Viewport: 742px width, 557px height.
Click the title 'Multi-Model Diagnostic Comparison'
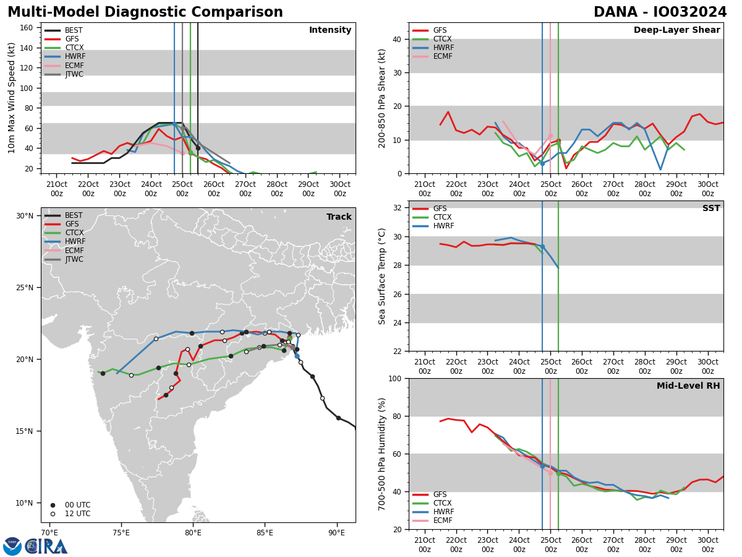pos(145,12)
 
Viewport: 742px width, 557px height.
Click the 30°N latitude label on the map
pos(25,216)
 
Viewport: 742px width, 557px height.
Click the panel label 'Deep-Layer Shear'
pos(676,30)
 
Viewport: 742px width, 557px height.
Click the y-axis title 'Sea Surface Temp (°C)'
pos(382,276)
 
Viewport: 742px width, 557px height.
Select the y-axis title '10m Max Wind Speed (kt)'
pos(12,98)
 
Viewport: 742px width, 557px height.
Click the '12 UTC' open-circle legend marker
pos(53,514)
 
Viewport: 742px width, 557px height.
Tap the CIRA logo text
pos(46,546)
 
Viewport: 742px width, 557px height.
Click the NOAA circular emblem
pos(12,546)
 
